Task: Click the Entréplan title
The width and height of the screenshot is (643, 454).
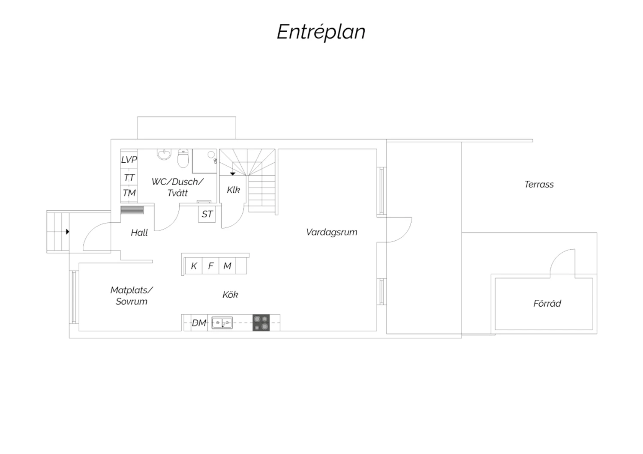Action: pos(321,32)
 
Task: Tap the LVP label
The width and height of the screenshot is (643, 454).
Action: pos(129,159)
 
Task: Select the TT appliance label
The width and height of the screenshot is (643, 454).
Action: pos(129,178)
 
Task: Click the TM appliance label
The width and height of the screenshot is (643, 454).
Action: pos(129,193)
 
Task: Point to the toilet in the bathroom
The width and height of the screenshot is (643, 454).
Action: pos(183,158)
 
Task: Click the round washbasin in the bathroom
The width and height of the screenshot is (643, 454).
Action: pos(164,154)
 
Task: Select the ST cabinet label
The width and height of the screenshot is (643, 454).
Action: pos(207,214)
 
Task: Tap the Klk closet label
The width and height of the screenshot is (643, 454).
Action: pos(233,190)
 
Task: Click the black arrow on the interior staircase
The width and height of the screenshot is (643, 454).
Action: pos(233,174)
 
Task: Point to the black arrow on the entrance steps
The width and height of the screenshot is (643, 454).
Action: pos(68,231)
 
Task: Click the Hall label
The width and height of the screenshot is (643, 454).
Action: pos(139,232)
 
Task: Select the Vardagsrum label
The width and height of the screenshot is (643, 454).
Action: pos(331,232)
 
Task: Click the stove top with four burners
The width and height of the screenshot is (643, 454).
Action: pos(261,323)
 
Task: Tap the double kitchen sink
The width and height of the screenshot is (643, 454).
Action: pos(222,323)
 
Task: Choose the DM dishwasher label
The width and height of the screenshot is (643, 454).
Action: pos(199,323)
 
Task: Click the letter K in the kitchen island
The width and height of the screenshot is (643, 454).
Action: pos(194,266)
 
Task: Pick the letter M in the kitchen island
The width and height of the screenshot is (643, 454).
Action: pos(227,266)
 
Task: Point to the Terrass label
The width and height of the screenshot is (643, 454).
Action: pos(539,184)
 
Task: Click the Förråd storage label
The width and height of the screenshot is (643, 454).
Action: pos(547,303)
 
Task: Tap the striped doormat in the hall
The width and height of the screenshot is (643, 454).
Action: pos(132,210)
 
